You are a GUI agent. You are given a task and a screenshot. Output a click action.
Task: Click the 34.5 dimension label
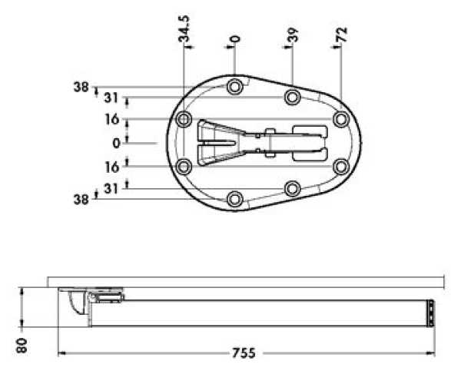pos(184,28)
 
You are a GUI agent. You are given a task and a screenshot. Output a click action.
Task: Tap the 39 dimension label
pos(293,35)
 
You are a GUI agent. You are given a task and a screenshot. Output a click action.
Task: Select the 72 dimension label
pos(342,35)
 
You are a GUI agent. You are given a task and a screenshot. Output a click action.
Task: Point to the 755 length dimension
pos(244,353)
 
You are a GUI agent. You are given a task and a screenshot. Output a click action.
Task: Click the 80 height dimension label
pos(22,346)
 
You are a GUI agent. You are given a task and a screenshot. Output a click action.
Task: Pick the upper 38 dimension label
pos(81,87)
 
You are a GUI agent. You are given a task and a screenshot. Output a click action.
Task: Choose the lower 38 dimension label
pos(81,200)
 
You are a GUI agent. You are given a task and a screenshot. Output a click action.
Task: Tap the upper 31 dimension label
pos(111,98)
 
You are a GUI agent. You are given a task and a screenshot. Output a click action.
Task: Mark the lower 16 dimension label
pos(111,167)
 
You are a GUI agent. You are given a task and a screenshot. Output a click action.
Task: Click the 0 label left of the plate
pos(116,143)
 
